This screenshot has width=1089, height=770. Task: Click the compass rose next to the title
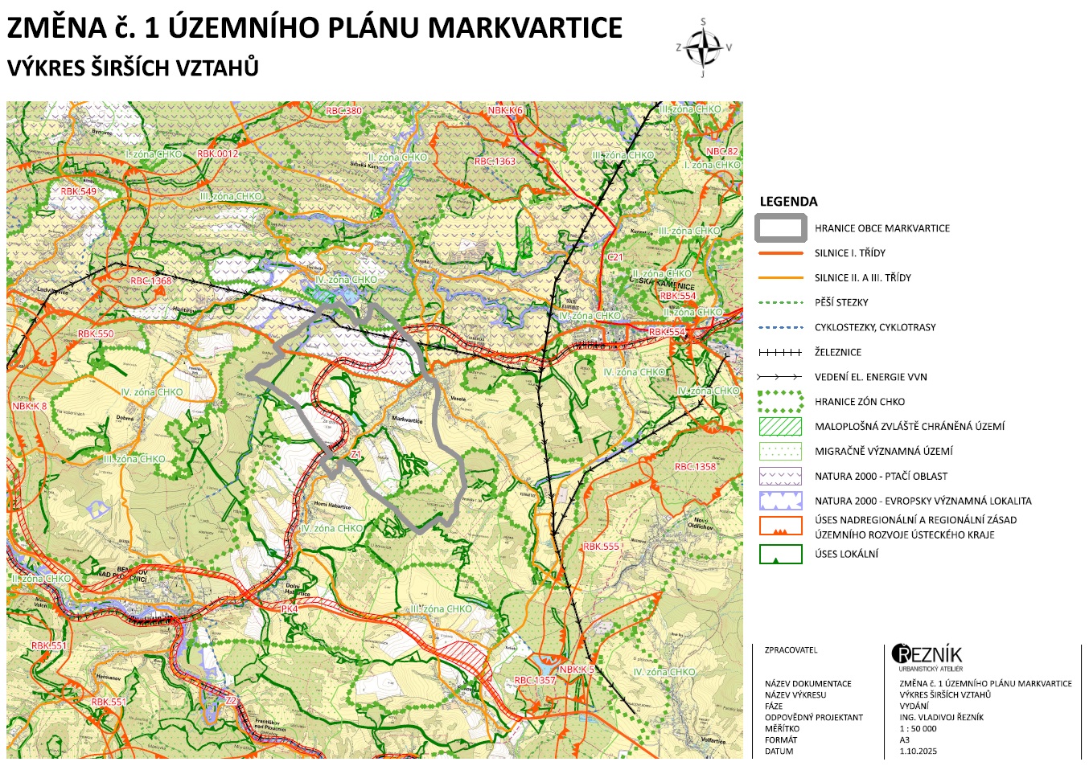pyautogui.click(x=704, y=47)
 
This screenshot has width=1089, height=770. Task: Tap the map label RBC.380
pyautogui.click(x=343, y=111)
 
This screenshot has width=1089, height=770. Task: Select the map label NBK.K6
pyautogui.click(x=505, y=111)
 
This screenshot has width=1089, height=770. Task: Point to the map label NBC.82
pyautogui.click(x=721, y=151)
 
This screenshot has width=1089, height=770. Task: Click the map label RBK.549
pyautogui.click(x=78, y=192)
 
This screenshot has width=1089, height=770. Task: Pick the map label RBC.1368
pyautogui.click(x=151, y=281)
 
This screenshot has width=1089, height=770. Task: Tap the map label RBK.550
pyautogui.click(x=96, y=334)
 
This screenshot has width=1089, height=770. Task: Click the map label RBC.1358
pyautogui.click(x=695, y=466)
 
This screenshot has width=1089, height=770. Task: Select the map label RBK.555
pyautogui.click(x=601, y=547)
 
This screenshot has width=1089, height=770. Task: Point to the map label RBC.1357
pyautogui.click(x=535, y=680)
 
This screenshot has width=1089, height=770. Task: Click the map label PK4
pyautogui.click(x=290, y=609)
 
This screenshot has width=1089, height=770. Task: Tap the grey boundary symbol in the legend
pyautogui.click(x=780, y=228)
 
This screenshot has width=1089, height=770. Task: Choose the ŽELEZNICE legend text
pyautogui.click(x=837, y=352)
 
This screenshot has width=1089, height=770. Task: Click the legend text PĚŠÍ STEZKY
pyautogui.click(x=841, y=302)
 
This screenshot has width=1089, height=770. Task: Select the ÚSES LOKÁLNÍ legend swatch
pyautogui.click(x=780, y=554)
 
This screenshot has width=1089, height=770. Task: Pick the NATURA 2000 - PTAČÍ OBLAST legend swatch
pyautogui.click(x=780, y=476)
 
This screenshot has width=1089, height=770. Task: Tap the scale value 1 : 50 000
pyautogui.click(x=918, y=729)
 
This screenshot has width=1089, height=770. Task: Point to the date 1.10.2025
pyautogui.click(x=918, y=752)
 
